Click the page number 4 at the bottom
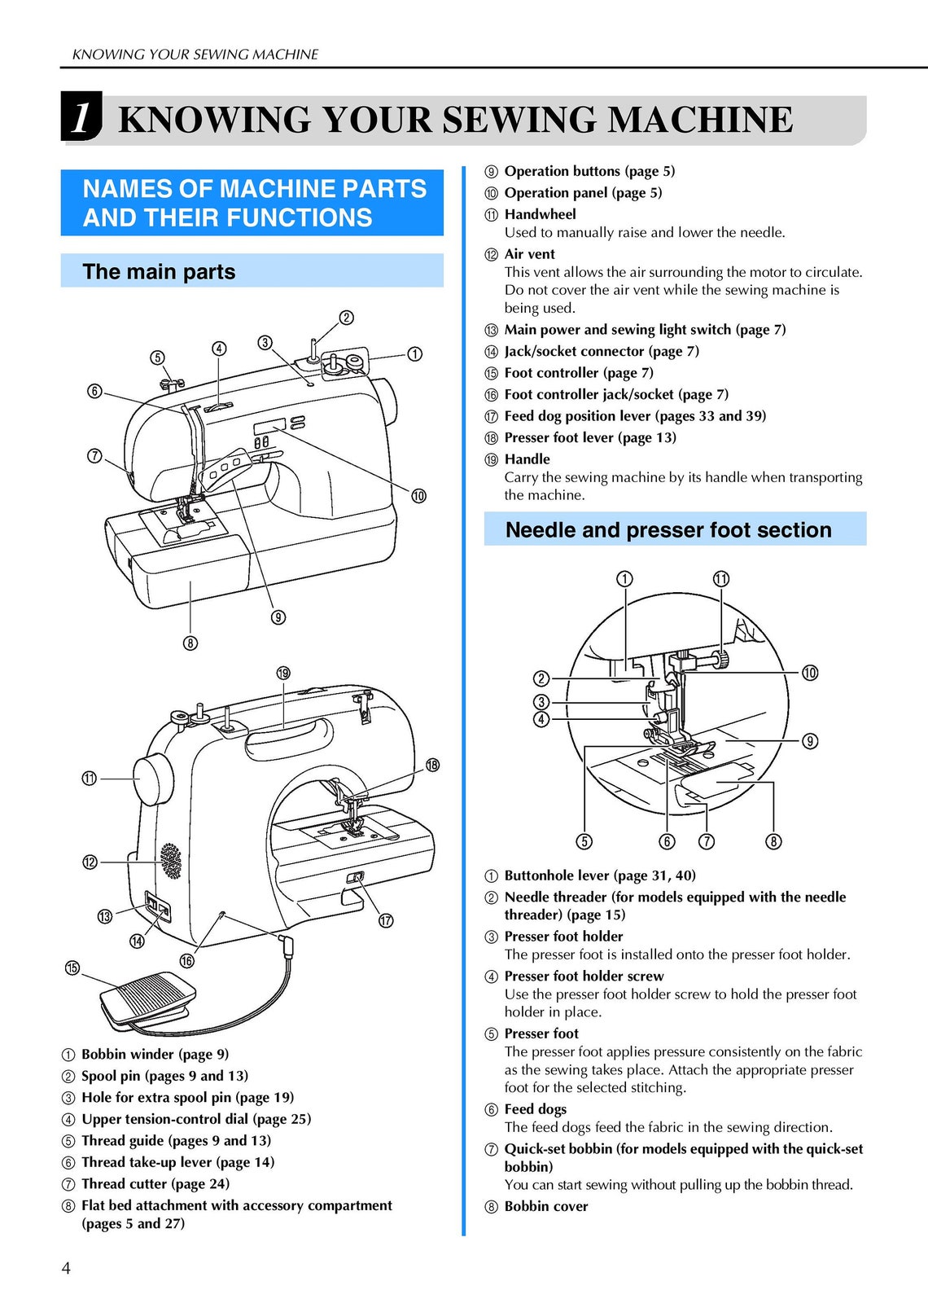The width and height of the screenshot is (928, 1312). click(x=66, y=1268)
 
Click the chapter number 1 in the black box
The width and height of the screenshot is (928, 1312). click(x=81, y=117)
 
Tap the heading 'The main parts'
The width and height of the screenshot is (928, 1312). click(x=159, y=272)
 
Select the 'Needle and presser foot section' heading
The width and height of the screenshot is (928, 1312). click(x=668, y=530)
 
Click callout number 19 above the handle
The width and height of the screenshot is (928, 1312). click(x=283, y=674)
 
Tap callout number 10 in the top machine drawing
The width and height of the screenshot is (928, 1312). click(x=418, y=496)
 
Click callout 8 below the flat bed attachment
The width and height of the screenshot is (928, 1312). click(x=190, y=643)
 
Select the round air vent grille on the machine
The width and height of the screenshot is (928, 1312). click(x=171, y=861)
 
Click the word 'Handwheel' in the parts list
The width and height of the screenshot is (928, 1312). click(x=540, y=214)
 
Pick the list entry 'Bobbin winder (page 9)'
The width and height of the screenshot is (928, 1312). click(x=155, y=1054)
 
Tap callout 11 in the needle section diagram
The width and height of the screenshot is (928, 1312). click(x=721, y=579)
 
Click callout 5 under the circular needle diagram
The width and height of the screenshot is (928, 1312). click(x=584, y=841)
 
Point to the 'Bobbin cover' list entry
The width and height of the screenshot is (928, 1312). click(x=545, y=1206)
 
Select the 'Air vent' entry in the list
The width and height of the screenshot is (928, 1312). click(x=529, y=254)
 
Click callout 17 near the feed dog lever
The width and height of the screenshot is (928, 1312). click(x=386, y=920)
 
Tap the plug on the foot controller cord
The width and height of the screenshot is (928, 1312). click(x=286, y=946)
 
